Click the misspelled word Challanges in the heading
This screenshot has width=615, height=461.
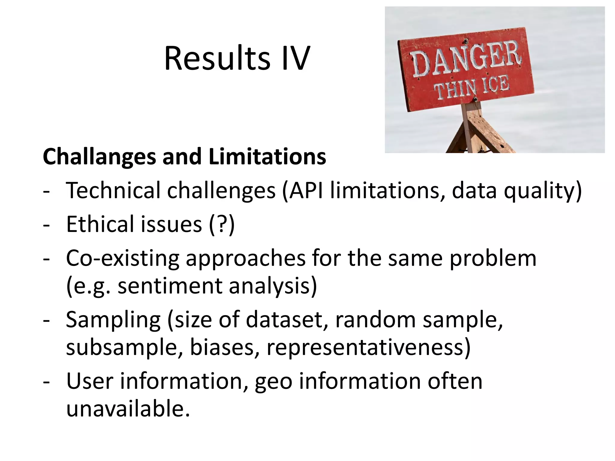click(99, 157)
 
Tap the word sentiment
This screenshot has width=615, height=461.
click(170, 286)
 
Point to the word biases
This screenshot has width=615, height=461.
click(222, 348)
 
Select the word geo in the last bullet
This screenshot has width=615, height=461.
click(274, 381)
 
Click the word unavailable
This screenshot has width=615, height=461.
click(128, 409)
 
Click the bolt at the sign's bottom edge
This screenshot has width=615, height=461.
click(475, 99)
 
